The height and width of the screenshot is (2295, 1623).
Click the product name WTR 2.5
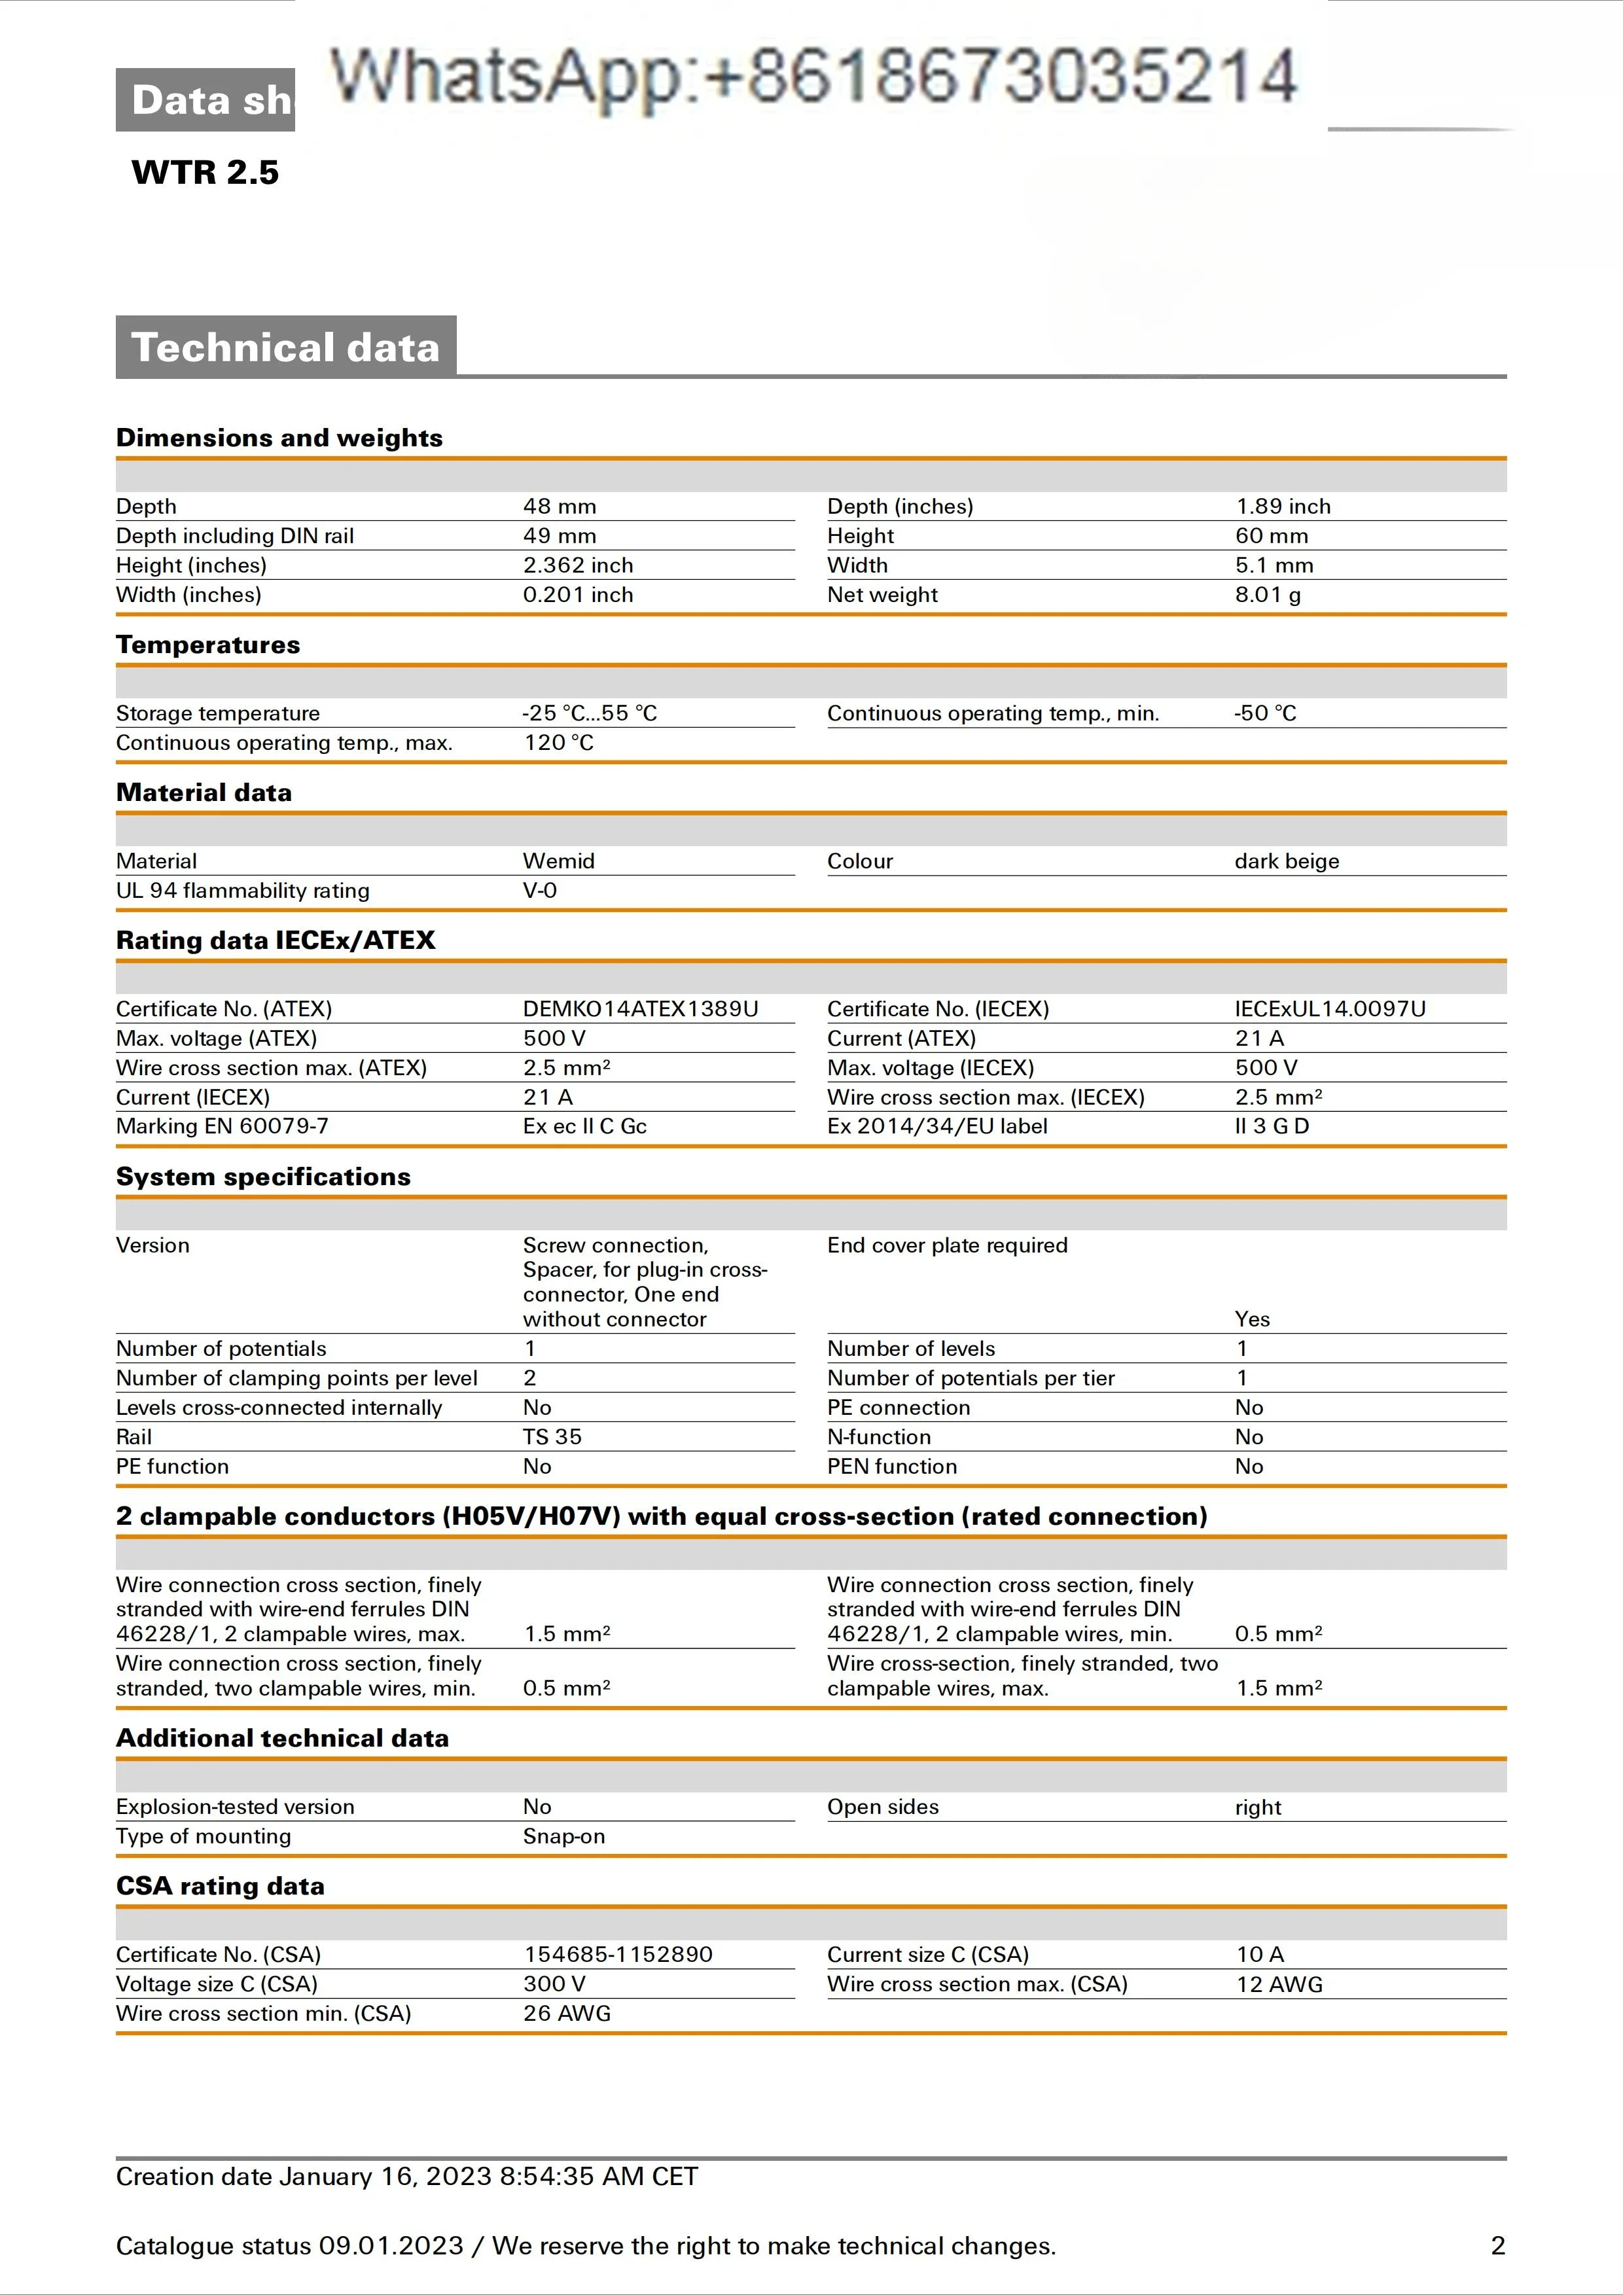tap(205, 172)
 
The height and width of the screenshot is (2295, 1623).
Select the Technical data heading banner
tap(286, 347)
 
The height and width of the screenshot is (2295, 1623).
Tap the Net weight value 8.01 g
tap(1267, 595)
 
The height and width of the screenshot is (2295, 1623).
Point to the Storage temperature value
tap(588, 713)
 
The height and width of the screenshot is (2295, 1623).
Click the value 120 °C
tap(559, 743)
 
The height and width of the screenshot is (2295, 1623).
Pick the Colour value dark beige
tap(1286, 861)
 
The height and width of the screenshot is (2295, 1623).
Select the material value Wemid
tap(559, 861)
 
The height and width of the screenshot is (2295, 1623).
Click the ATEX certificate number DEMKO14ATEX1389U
tap(639, 1008)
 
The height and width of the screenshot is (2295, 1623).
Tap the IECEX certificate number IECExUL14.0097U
tap(1329, 1008)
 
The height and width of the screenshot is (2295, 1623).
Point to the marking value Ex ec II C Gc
tap(584, 1126)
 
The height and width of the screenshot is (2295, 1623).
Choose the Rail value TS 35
tap(552, 1436)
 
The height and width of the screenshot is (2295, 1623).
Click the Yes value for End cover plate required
tap(1251, 1319)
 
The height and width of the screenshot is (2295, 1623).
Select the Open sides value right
tap(1257, 1807)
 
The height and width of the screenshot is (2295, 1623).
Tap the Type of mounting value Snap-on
tap(563, 1836)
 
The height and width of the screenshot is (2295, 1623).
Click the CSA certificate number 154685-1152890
tap(618, 1954)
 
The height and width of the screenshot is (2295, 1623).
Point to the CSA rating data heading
tap(220, 1885)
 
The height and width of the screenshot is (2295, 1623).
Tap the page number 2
tap(1497, 2246)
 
